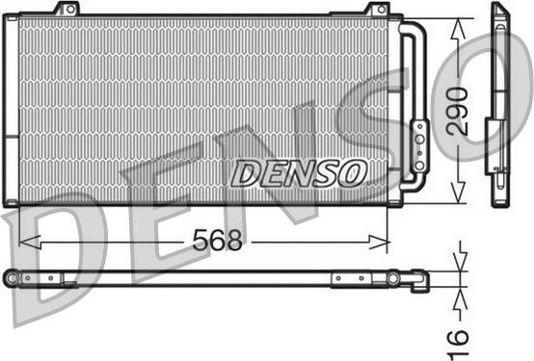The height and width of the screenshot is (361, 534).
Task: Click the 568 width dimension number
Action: click(x=217, y=240)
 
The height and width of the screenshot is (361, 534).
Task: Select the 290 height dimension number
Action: click(x=458, y=111)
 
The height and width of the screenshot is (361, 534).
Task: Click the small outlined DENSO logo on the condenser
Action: click(x=299, y=173)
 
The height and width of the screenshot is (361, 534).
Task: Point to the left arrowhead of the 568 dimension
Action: click(x=30, y=243)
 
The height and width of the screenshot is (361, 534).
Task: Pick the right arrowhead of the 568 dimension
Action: click(x=378, y=243)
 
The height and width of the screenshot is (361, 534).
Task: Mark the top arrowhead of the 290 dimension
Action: click(x=458, y=29)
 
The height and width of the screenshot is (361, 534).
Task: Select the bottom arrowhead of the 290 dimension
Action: click(x=458, y=193)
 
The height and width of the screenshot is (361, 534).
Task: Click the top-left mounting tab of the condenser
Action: click(x=67, y=9)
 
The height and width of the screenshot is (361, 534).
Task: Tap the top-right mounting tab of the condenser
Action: click(x=376, y=9)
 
